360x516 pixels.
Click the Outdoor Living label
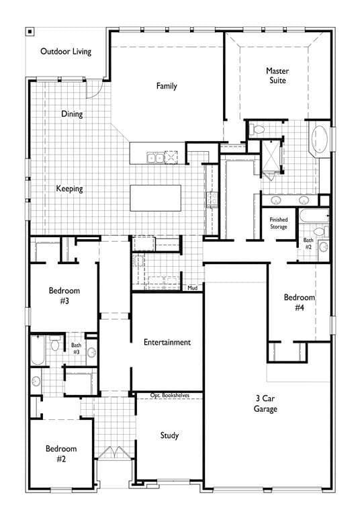pyautogui.click(x=66, y=51)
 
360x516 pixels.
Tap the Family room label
pyautogui.click(x=167, y=86)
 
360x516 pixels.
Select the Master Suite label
pyautogui.click(x=277, y=75)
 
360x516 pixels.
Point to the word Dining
pyautogui.click(x=72, y=114)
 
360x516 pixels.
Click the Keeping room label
pyautogui.click(x=69, y=189)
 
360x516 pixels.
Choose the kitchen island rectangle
pyautogui.click(x=155, y=198)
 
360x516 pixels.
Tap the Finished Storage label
pyautogui.click(x=278, y=223)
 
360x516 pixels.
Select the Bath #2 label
pyautogui.click(x=308, y=243)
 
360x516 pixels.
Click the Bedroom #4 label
pyautogui.click(x=299, y=302)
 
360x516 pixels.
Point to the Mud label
pyautogui.click(x=193, y=288)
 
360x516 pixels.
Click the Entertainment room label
pyautogui.click(x=167, y=342)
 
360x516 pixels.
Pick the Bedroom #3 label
pyautogui.click(x=64, y=296)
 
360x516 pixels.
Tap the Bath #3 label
pyautogui.click(x=76, y=349)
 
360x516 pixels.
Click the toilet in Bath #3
pyautogui.click(x=54, y=343)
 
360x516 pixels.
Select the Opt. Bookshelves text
pyautogui.click(x=169, y=395)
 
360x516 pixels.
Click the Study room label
pyautogui.click(x=169, y=435)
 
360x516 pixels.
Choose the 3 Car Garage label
pyautogui.click(x=265, y=403)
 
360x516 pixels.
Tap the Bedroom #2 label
pyautogui.click(x=61, y=454)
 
